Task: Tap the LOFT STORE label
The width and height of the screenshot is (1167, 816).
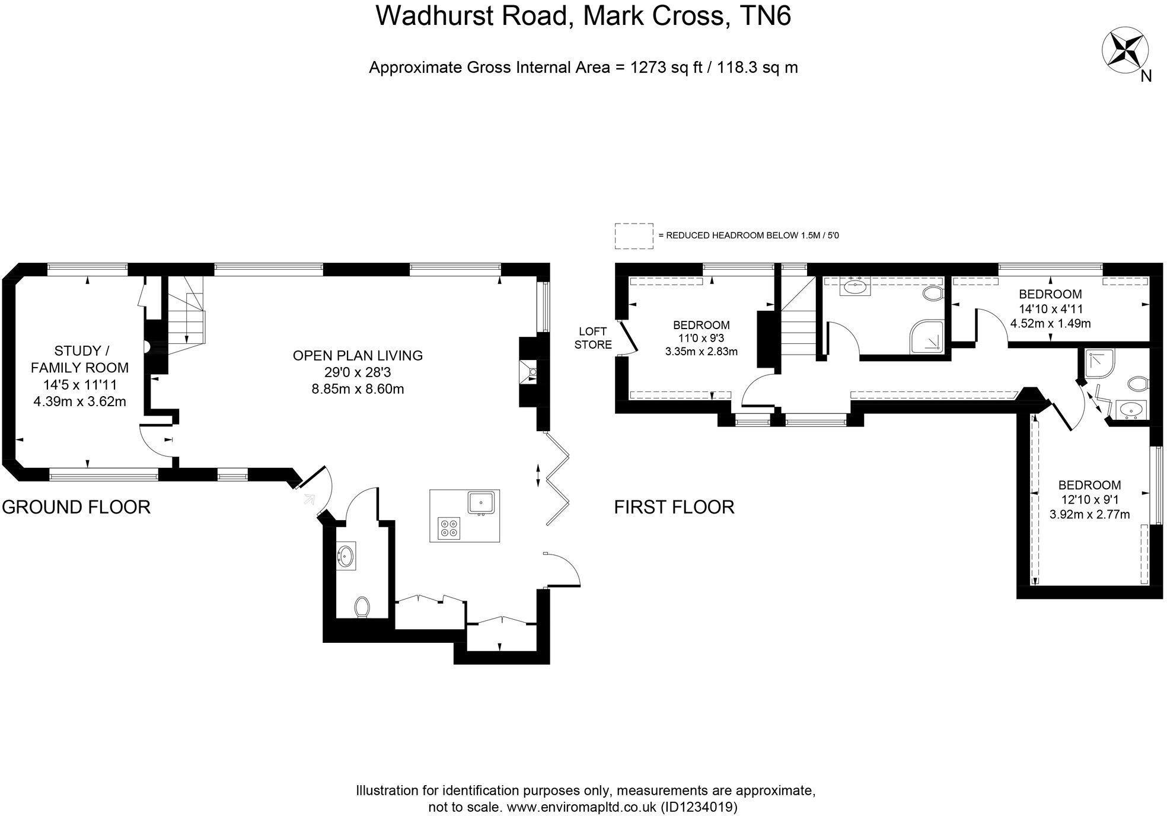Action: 592,338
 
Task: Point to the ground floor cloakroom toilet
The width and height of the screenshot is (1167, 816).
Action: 362,607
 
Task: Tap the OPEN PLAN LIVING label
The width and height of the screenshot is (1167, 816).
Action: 358,355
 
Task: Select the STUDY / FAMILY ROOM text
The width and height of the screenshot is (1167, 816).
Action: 79,359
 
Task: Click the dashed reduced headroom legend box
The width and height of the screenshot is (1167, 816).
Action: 633,235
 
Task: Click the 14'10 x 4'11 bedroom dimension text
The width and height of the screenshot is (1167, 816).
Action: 1050,309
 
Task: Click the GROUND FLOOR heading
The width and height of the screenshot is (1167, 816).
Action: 76,507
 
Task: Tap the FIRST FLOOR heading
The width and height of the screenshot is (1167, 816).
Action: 674,507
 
